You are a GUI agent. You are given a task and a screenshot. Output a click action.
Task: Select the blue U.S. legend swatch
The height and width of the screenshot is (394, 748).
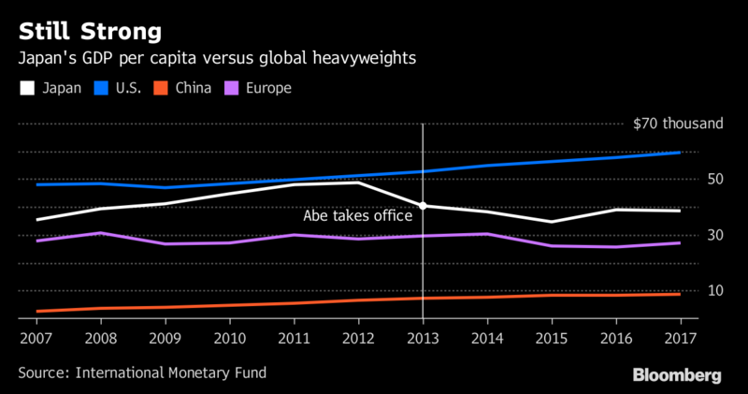107,89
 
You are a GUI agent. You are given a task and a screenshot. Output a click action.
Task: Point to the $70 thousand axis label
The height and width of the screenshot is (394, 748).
665,123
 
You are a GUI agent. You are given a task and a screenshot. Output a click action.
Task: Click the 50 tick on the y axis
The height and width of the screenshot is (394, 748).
689,179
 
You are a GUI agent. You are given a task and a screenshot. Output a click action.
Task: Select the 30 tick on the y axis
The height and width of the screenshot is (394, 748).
689,235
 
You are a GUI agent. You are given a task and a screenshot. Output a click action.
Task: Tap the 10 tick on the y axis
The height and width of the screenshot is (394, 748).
689,291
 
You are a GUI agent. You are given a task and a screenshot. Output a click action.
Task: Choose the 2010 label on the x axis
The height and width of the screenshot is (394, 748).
229,336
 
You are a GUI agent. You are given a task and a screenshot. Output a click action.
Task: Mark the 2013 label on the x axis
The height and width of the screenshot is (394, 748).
424,336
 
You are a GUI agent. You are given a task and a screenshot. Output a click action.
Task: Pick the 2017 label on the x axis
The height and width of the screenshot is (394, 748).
680,336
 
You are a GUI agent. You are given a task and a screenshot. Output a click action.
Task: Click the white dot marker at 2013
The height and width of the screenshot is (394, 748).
424,206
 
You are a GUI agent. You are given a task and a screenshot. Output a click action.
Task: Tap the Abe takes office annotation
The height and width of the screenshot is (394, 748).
357,216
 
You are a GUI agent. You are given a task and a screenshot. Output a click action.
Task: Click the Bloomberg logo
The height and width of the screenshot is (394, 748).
678,374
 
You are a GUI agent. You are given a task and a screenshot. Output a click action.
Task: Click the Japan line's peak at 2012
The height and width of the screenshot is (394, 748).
359,182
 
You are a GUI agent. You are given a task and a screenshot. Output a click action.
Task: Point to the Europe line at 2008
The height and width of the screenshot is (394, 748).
100,233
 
